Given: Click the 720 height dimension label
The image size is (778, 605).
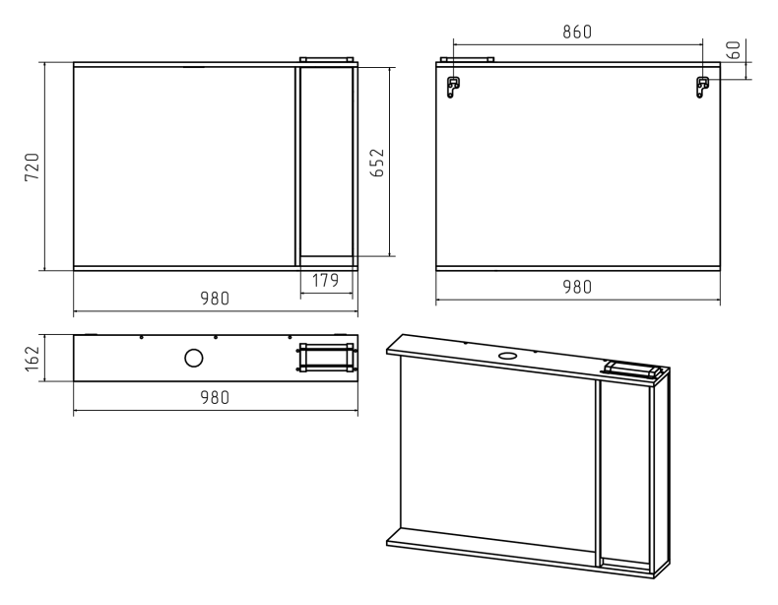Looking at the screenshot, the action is click(x=32, y=168).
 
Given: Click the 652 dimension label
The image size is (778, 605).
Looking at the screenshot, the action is click(x=377, y=163).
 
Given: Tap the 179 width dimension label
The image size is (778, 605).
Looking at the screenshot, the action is click(x=326, y=281).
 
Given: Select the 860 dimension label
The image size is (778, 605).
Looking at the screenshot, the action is click(x=577, y=32).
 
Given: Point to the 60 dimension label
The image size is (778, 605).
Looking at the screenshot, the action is click(x=734, y=50).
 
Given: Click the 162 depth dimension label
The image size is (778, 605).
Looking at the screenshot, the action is click(x=32, y=359).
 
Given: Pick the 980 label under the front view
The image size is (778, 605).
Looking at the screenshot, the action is click(x=215, y=299).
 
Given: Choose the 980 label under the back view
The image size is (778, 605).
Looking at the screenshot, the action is click(x=577, y=287).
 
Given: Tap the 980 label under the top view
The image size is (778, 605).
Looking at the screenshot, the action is click(x=215, y=397).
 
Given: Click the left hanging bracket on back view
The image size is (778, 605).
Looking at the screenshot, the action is click(x=452, y=87).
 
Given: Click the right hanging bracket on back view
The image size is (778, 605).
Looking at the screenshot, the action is click(x=702, y=87).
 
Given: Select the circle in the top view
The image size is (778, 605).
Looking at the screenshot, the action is click(x=193, y=358).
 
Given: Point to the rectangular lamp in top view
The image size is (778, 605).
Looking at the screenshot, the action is click(x=327, y=358).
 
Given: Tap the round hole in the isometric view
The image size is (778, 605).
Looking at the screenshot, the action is click(x=507, y=356).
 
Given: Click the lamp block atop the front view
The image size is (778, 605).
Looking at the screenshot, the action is click(x=327, y=59).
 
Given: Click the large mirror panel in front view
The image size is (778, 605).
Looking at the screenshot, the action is click(x=184, y=167).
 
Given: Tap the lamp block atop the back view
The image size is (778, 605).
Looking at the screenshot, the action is click(x=468, y=59).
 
